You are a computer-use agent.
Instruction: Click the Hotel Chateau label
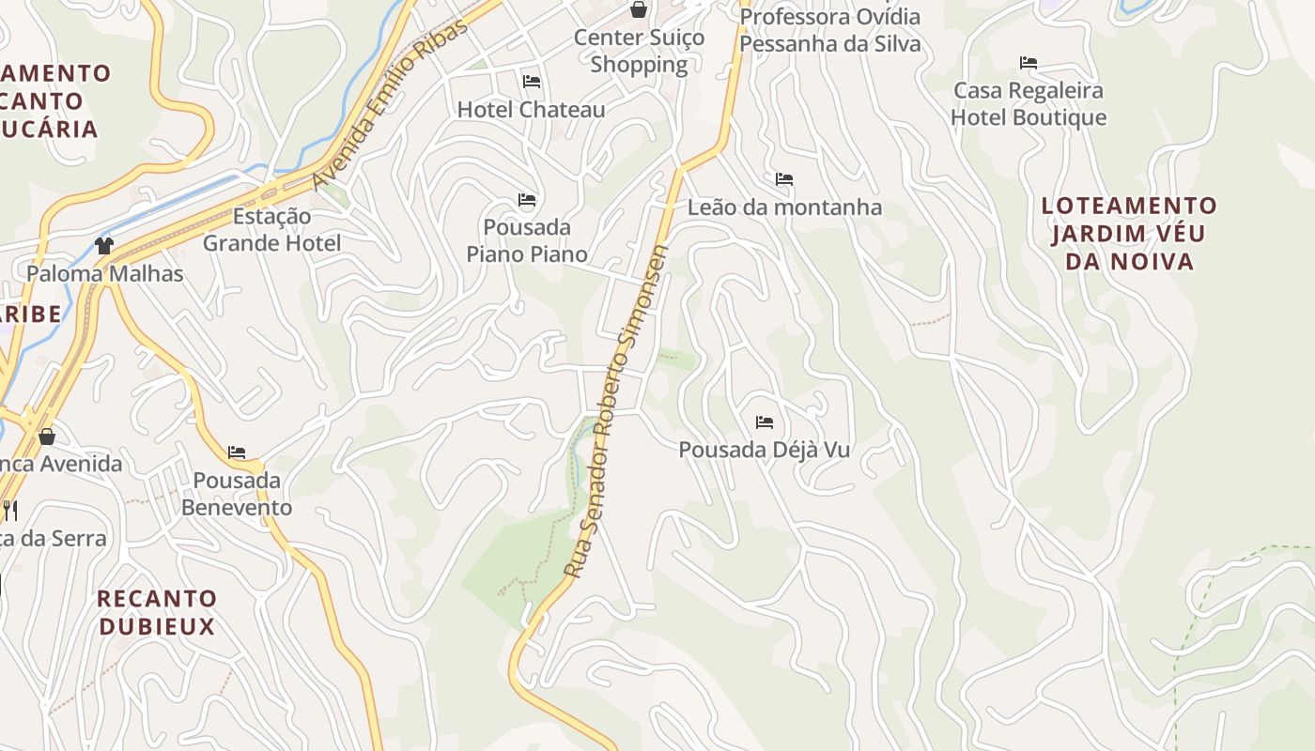tap(531, 110)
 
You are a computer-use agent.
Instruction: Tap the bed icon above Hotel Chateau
tap(532, 82)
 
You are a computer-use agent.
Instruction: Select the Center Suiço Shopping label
tap(639, 52)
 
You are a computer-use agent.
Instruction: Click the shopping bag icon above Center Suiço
tap(639, 10)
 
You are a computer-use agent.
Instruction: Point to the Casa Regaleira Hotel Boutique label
tap(1029, 104)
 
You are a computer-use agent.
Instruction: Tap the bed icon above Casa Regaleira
tap(1029, 63)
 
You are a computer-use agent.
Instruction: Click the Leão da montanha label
tap(784, 207)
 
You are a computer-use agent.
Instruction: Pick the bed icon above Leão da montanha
tap(784, 179)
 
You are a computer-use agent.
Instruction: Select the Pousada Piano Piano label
tap(527, 240)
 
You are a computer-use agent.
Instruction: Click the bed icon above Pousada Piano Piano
tap(527, 200)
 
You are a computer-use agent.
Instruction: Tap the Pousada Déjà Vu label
tap(765, 450)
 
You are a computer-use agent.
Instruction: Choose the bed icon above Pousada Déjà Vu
tap(765, 422)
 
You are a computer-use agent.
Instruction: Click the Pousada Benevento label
tap(237, 494)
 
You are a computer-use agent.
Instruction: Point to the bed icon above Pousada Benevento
tap(237, 452)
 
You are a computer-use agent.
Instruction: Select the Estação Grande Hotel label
tap(271, 230)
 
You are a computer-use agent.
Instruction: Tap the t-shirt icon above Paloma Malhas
tap(104, 246)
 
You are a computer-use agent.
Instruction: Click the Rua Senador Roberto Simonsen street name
tap(616, 411)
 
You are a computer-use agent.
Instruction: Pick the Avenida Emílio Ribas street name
tap(390, 103)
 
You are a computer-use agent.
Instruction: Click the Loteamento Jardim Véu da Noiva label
tap(1129, 234)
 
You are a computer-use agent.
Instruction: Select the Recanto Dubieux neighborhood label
tap(157, 612)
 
